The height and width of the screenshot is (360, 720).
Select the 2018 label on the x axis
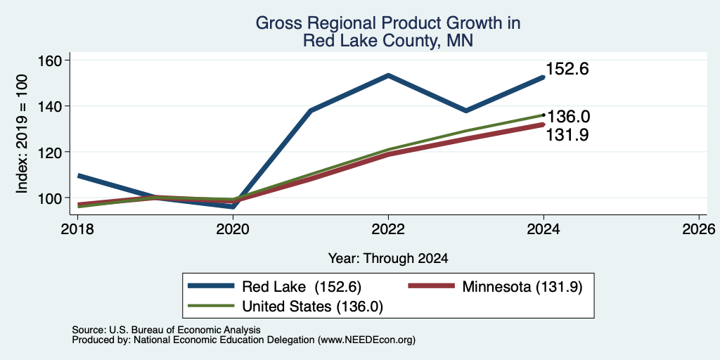click(77, 229)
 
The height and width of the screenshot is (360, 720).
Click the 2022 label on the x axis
click(388, 229)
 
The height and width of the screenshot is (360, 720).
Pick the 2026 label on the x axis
click(699, 229)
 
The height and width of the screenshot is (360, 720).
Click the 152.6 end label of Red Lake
click(567, 70)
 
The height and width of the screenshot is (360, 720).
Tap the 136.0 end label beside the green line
click(568, 117)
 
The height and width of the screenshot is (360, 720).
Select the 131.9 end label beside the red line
click(567, 135)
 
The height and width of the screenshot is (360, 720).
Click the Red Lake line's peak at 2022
click(388, 75)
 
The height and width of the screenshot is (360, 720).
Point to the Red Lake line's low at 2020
click(233, 207)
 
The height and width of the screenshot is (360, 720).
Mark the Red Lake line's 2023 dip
click(466, 110)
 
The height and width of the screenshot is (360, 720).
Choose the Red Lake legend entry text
click(302, 287)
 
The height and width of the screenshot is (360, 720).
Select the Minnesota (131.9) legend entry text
click(522, 287)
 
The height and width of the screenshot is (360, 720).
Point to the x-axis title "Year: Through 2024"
click(388, 259)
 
